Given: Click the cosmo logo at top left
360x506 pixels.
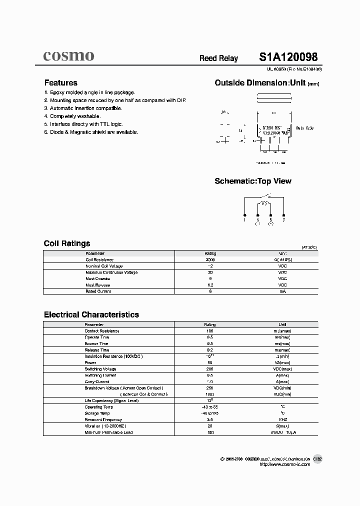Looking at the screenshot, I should [68, 56].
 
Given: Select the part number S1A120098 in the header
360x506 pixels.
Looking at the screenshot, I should [287, 57].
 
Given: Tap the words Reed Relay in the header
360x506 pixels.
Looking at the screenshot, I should [218, 58].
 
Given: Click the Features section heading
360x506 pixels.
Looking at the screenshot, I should [61, 83].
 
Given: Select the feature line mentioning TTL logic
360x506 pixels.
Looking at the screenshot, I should [85, 124].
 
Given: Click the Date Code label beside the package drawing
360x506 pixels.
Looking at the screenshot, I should [304, 128].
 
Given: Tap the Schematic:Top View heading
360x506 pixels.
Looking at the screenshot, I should [252, 181].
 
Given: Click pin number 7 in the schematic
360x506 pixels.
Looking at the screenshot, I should [283, 219].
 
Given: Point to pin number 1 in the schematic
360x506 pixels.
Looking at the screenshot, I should [244, 219].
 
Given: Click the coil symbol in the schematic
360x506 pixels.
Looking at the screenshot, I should [264, 203].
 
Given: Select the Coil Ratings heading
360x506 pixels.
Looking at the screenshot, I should [67, 243].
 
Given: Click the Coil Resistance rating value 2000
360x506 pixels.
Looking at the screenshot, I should [210, 260].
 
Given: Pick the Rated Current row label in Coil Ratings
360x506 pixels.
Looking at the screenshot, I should [98, 291].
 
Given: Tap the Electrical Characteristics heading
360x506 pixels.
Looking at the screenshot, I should [91, 314].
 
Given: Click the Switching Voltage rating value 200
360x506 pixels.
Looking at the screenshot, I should [210, 369].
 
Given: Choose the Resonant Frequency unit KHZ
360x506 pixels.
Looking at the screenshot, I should [283, 419].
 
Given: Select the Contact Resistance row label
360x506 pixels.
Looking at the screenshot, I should [102, 331].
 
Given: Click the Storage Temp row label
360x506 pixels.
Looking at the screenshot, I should [97, 413].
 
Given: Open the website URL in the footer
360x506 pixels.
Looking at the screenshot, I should [285, 464].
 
